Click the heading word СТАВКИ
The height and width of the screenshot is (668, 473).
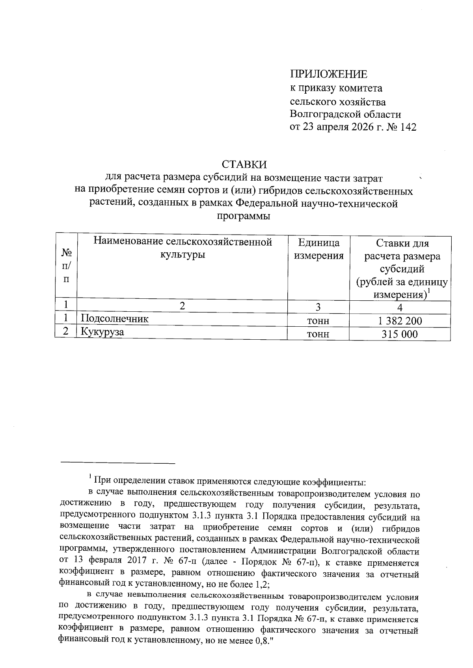[244, 164]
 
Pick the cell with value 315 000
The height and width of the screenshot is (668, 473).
[400, 334]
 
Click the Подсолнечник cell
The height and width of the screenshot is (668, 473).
[115, 318]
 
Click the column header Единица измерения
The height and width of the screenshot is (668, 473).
[319, 249]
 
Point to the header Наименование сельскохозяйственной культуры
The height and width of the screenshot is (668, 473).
[182, 248]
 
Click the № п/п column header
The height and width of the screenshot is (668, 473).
[66, 266]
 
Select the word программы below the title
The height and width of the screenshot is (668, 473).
[244, 216]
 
